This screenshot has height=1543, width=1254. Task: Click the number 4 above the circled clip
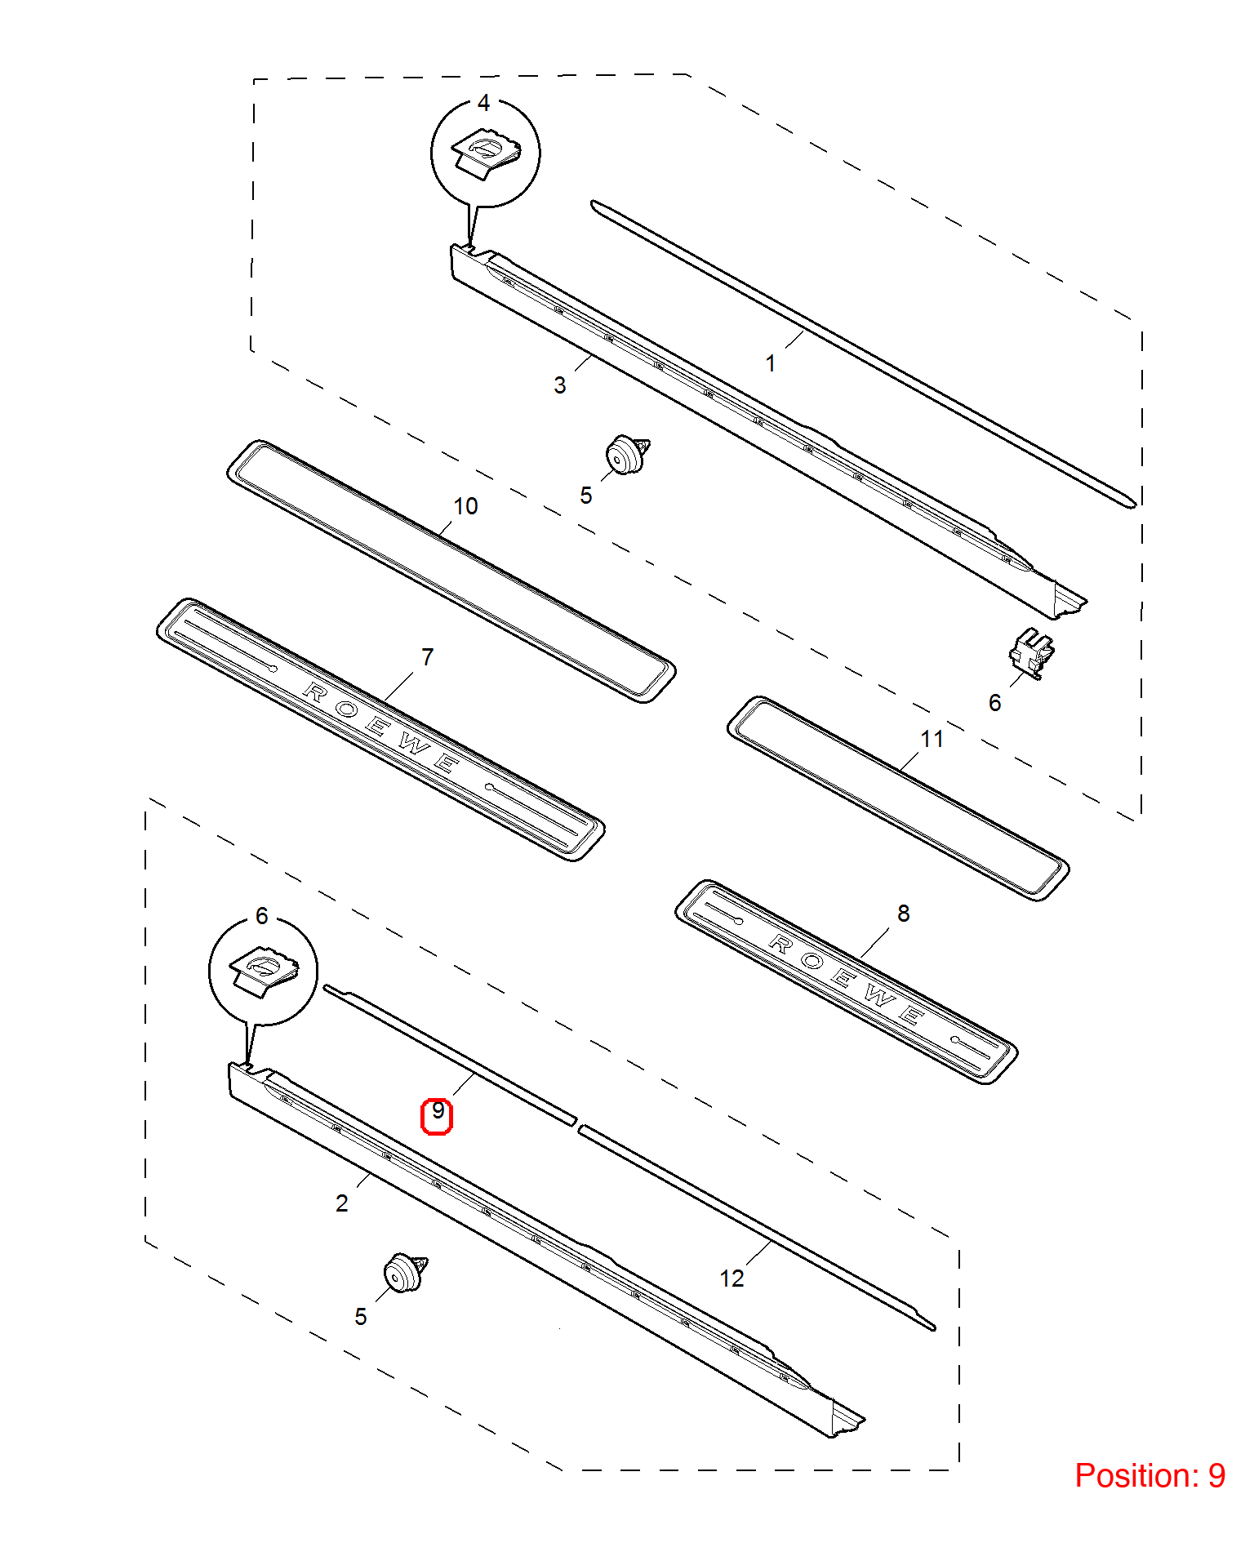(483, 103)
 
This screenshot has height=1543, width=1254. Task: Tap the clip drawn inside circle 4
(487, 154)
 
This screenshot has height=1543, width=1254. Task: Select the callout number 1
(770, 363)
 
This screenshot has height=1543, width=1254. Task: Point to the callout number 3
(559, 385)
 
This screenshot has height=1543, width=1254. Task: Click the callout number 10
(465, 506)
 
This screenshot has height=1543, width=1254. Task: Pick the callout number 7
(427, 656)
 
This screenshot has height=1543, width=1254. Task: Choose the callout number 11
(932, 739)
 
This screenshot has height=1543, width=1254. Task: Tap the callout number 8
(903, 914)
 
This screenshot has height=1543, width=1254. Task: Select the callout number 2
(341, 1203)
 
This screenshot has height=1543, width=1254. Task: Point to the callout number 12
(731, 1278)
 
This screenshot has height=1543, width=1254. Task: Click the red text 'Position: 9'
(1149, 1475)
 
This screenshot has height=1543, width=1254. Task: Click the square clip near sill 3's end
(1032, 653)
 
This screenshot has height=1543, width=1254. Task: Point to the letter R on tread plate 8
(781, 945)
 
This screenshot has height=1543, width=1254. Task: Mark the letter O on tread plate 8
(812, 961)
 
